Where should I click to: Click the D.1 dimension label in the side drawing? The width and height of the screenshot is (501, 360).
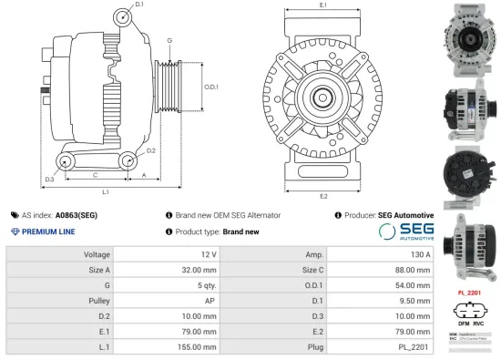(139, 5)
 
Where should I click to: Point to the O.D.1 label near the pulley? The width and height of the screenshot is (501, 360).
(212, 87)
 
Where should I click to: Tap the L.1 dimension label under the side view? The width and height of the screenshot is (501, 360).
(106, 192)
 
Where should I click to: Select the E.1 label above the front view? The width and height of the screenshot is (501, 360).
(323, 5)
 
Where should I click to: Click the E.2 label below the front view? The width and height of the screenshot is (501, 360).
(323, 195)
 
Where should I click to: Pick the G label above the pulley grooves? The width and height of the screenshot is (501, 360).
(169, 41)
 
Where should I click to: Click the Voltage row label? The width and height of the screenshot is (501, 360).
(97, 255)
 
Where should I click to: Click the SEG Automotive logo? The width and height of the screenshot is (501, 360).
(404, 231)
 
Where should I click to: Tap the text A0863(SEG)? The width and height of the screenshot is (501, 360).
(76, 215)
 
